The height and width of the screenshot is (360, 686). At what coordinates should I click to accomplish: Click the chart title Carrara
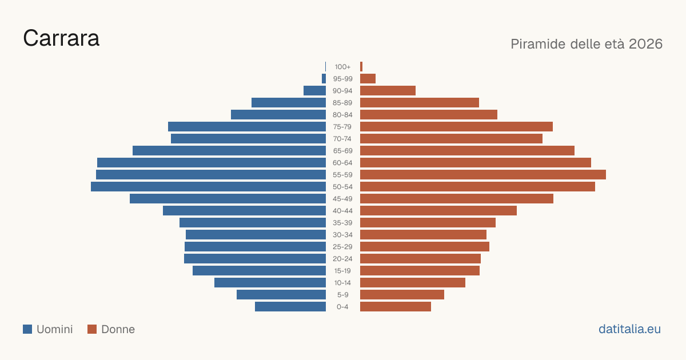click(61, 38)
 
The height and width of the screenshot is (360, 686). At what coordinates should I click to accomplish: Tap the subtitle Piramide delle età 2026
click(587, 44)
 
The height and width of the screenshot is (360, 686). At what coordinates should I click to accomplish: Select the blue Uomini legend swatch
click(27, 329)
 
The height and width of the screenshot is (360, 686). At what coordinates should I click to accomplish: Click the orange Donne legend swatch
click(92, 329)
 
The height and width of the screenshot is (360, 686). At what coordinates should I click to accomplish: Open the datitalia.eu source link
click(629, 329)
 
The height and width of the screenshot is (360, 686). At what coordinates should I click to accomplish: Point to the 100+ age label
click(342, 67)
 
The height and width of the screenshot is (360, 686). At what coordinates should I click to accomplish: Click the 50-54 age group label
click(342, 187)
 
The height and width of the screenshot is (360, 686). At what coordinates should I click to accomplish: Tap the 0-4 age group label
click(342, 307)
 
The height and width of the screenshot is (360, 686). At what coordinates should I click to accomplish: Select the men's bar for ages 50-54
click(208, 187)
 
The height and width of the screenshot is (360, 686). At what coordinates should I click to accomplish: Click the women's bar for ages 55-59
click(483, 175)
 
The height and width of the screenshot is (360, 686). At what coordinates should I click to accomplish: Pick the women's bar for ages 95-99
click(368, 79)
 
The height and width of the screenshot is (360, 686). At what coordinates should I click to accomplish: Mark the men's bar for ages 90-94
click(314, 91)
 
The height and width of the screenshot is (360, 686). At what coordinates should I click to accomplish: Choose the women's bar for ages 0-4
click(396, 307)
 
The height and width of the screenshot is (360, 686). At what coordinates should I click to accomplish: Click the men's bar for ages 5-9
click(281, 295)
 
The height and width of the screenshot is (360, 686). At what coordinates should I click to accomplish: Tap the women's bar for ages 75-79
click(456, 127)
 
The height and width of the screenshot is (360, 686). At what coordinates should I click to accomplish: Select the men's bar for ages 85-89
click(289, 102)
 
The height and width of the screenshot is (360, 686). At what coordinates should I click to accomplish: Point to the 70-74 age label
click(342, 139)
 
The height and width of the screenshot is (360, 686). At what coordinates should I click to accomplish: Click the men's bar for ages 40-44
click(245, 211)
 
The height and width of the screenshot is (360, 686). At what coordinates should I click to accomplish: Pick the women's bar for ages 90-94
click(388, 91)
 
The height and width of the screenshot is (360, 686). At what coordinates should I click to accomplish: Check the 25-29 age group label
click(342, 247)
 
